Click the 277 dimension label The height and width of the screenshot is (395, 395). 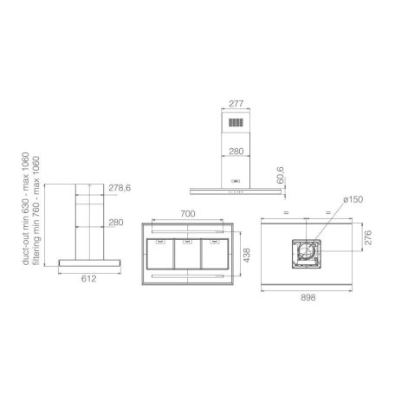pyautogui.click(x=236, y=103)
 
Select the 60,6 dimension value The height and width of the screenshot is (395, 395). pyautogui.click(x=280, y=175)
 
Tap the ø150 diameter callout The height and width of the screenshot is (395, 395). pyautogui.click(x=353, y=199)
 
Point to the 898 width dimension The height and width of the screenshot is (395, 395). pyautogui.click(x=308, y=297)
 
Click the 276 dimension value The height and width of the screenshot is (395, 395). pyautogui.click(x=368, y=237)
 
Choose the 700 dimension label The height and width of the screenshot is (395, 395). pyautogui.click(x=188, y=214)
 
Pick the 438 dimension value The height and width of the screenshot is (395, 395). pyautogui.click(x=246, y=256)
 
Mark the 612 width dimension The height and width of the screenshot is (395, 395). pyautogui.click(x=88, y=279)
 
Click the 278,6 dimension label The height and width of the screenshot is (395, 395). pyautogui.click(x=120, y=188)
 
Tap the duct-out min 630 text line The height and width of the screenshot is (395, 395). pyautogui.click(x=26, y=209)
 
